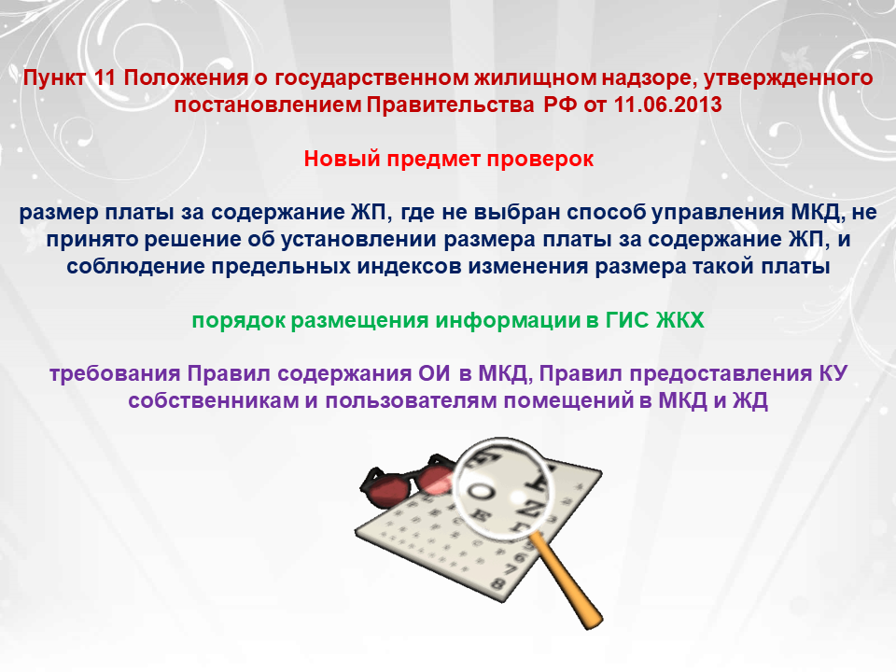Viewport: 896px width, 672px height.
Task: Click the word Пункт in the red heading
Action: [55, 77]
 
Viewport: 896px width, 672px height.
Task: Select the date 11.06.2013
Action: [667, 105]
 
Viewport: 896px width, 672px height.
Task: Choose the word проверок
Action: [540, 159]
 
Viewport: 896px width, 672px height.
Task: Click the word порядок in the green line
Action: [238, 320]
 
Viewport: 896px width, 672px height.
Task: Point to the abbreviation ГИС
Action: [627, 320]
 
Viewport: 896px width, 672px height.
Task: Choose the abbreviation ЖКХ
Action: [680, 320]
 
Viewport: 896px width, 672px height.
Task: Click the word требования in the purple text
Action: [114, 373]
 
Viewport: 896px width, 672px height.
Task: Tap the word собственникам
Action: [213, 400]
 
